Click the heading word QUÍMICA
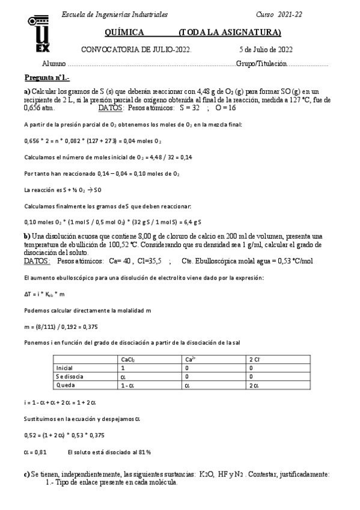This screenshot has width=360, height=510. coord(123,32)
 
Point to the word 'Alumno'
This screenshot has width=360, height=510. coord(53,63)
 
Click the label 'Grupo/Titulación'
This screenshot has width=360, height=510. coord(262,63)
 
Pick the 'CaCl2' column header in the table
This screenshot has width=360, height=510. coord(128,359)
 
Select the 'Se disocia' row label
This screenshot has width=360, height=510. coord(67,376)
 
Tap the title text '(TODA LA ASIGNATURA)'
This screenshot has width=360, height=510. coord(230,32)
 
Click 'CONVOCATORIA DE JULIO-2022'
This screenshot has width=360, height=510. coord(136,49)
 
